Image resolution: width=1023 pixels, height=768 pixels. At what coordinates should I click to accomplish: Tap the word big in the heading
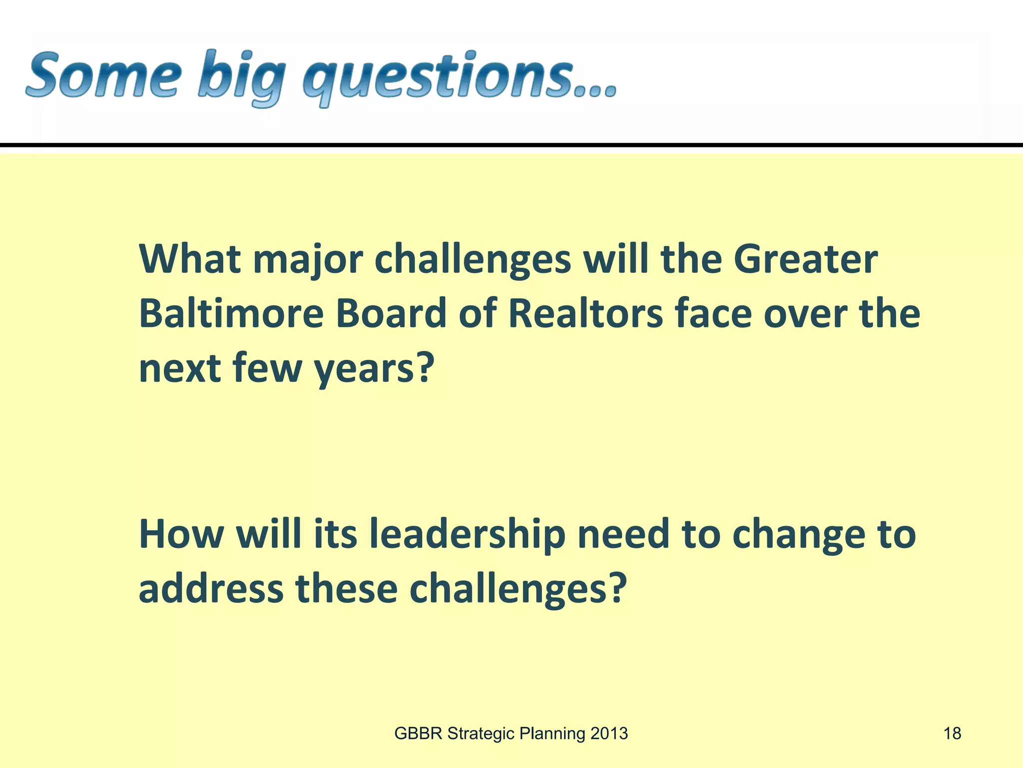pos(240,79)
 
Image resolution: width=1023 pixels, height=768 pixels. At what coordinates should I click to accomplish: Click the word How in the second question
pos(181,533)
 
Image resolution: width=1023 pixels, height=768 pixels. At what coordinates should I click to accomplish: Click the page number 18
pos(952,733)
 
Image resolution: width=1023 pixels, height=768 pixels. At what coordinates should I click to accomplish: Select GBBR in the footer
pos(418,733)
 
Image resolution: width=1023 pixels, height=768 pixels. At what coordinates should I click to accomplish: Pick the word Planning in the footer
pos(552,734)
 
